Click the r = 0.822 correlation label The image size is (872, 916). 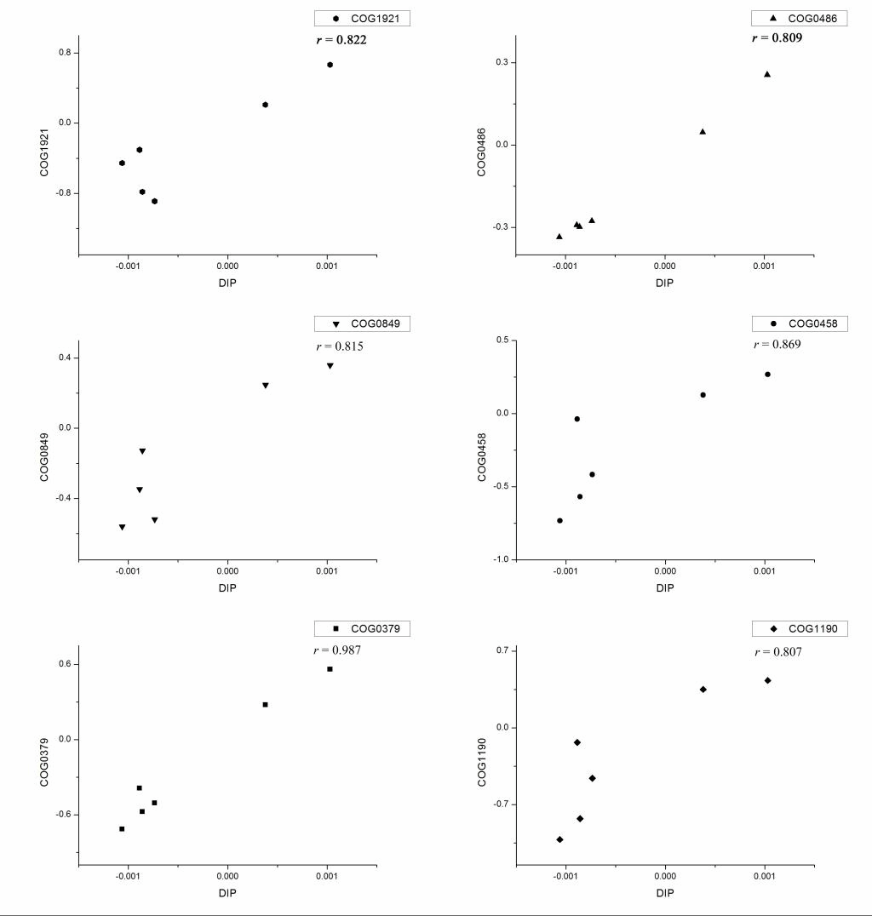click(341, 39)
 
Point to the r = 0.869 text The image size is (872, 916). click(777, 345)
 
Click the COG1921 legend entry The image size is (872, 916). click(362, 18)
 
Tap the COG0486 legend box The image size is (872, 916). click(800, 18)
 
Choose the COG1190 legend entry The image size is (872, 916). click(800, 628)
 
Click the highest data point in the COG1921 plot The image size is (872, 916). click(330, 65)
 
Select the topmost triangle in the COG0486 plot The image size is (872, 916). click(767, 74)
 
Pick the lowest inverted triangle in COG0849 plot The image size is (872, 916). click(123, 528)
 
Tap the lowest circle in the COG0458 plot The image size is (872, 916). click(559, 520)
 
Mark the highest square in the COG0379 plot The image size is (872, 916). click(330, 669)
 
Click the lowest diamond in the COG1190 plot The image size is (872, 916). click(559, 839)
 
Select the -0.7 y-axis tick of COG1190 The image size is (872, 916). click(498, 804)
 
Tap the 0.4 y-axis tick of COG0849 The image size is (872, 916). click(62, 358)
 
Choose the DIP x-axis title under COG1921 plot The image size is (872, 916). click(227, 283)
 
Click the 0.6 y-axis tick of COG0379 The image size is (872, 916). click(62, 664)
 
